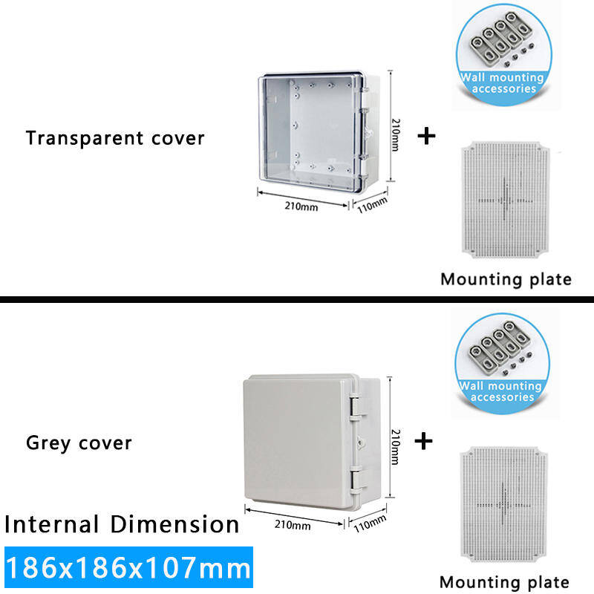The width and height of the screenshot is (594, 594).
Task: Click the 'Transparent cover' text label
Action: pos(115,138)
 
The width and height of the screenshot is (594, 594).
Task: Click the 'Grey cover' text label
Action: pos(79,443)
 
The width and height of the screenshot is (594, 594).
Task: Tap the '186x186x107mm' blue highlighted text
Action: pos(128,569)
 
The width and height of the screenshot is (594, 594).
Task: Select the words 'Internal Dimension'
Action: pos(122,524)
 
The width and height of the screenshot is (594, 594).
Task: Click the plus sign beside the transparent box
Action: pos(425,137)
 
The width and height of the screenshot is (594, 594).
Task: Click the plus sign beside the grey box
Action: pos(423,442)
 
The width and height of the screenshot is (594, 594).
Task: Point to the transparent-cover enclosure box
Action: pos(316,130)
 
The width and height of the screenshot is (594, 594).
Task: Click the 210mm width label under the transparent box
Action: pos(301,206)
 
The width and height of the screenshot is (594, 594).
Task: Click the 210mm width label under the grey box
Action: pos(293,526)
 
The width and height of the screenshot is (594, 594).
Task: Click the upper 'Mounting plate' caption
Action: pos(506,280)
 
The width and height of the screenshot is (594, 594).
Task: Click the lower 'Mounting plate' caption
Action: pos(504,582)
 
